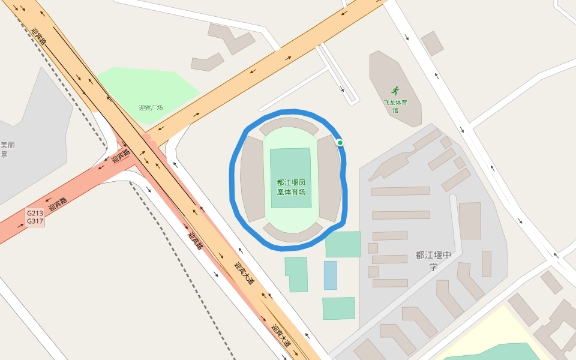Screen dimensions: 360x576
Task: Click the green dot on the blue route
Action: coord(340,143)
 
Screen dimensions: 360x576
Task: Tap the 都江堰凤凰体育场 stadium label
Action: coord(292,187)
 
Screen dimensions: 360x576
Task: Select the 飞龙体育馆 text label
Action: coord(395,106)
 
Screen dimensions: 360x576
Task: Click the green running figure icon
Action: coord(395,91)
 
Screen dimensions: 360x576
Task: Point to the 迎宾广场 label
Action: coord(151,108)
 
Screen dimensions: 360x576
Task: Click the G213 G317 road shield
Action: coord(35,217)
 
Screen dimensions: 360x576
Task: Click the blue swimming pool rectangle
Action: coord(330,275)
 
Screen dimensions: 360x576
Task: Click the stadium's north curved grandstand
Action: coord(289,125)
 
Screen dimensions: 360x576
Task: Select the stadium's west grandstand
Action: coord(252,179)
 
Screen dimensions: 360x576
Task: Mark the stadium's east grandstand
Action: coord(329,179)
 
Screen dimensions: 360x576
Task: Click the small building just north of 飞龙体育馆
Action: coord(432,43)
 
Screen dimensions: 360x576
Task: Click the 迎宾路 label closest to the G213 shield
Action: coord(58,204)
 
